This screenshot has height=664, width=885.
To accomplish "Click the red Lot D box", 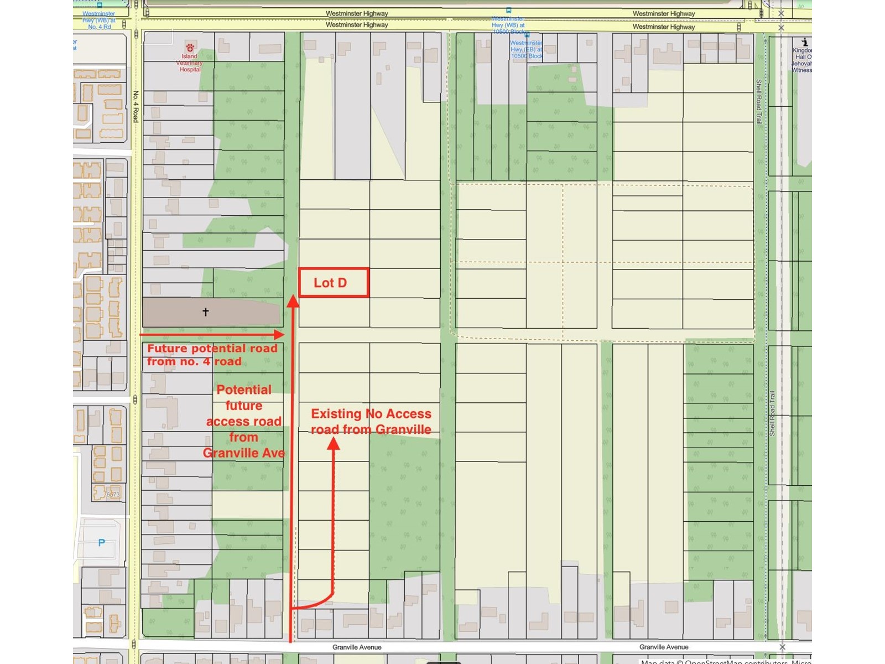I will [x=334, y=283].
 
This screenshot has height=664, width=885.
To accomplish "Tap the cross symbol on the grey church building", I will [x=206, y=312].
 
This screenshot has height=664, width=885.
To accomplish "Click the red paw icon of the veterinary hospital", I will [x=190, y=48].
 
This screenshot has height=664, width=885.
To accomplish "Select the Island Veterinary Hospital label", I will [x=189, y=63].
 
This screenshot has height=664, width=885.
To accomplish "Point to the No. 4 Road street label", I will [x=136, y=106].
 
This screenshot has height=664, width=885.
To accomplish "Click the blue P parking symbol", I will [x=101, y=543].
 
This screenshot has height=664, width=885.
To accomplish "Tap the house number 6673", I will [x=113, y=495].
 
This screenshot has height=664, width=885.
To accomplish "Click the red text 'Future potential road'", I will [x=212, y=349].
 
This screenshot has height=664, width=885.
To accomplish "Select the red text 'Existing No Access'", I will [x=371, y=414].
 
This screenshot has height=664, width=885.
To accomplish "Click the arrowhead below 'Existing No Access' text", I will [x=334, y=443].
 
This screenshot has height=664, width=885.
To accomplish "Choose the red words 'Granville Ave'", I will [x=244, y=453].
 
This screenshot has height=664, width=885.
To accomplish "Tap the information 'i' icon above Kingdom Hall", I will [x=805, y=42].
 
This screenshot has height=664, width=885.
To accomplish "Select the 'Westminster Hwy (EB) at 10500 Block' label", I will [x=527, y=50].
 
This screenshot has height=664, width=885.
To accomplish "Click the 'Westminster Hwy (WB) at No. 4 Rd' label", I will [x=98, y=20].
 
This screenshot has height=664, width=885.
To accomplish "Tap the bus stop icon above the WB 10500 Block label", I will [x=508, y=10].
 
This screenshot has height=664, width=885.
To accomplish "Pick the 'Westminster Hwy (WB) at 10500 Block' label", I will [x=508, y=25].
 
